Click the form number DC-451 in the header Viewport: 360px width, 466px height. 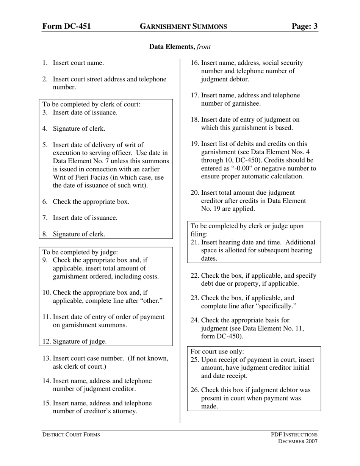pos(66,26)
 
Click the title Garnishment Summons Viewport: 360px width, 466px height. pos(183,27)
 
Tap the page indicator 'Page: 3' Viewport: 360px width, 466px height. pos(305,26)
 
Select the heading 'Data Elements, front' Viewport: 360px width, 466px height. pos(180,47)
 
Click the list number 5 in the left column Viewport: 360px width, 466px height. pos(45,145)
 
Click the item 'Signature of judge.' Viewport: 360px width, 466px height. pos(80,341)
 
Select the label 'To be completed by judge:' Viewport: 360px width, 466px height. pos(80,252)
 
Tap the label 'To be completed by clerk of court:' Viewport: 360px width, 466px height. pos(91,104)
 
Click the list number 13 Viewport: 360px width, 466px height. pos(47,358)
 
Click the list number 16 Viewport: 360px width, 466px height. pos(195,63)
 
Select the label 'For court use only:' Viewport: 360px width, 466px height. pos(217,352)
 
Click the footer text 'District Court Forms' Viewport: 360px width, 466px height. pos(71,435)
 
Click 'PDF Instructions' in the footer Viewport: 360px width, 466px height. pos(294,435)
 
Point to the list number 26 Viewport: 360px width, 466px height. pos(195,390)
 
